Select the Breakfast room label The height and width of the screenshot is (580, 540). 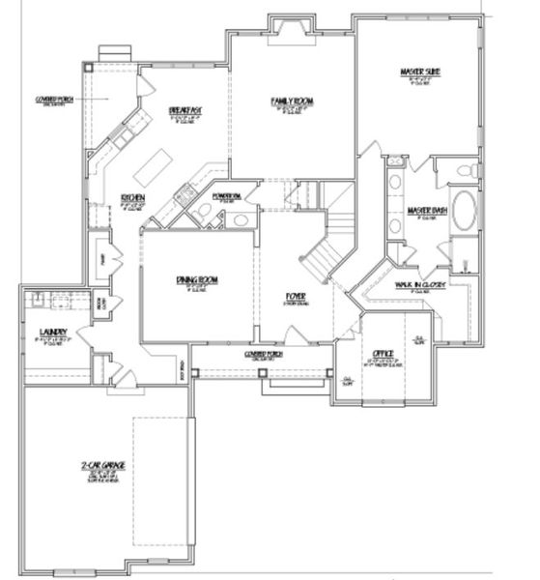[185, 111]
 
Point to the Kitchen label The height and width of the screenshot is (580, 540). [132, 198]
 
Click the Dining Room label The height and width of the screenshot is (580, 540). [197, 280]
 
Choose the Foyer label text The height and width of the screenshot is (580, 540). [296, 295]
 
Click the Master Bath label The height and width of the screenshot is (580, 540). [425, 211]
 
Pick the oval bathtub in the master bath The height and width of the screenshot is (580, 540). [464, 211]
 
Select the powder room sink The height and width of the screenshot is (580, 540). [240, 220]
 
